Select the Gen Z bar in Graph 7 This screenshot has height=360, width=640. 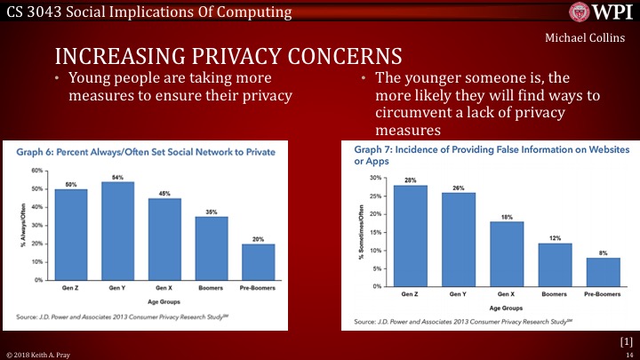click(410, 236)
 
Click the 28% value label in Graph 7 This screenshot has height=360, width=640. click(410, 180)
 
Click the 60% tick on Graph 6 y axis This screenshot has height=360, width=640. click(37, 170)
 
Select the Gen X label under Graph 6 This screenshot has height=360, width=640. click(164, 288)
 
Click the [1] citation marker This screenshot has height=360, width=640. click(625, 340)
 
